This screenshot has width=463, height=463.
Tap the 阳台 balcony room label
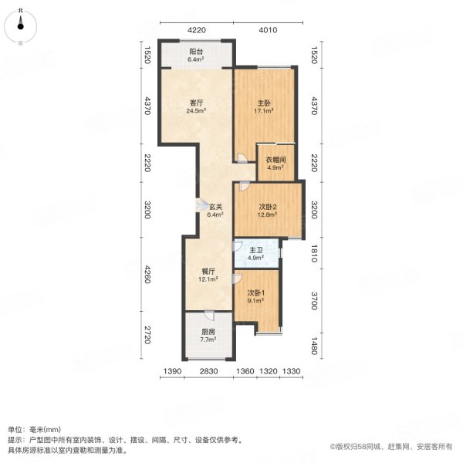pos(196,52)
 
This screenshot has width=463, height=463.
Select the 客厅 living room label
pos(196,102)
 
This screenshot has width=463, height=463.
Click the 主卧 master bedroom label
pos(263,102)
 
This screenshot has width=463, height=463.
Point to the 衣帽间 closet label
pos(276,160)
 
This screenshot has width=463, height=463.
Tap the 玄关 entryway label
pos(215,206)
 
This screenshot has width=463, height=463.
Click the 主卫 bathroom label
pos(257,249)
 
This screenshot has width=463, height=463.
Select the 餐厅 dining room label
pos(208,271)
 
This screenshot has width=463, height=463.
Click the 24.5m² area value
pos(196,110)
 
